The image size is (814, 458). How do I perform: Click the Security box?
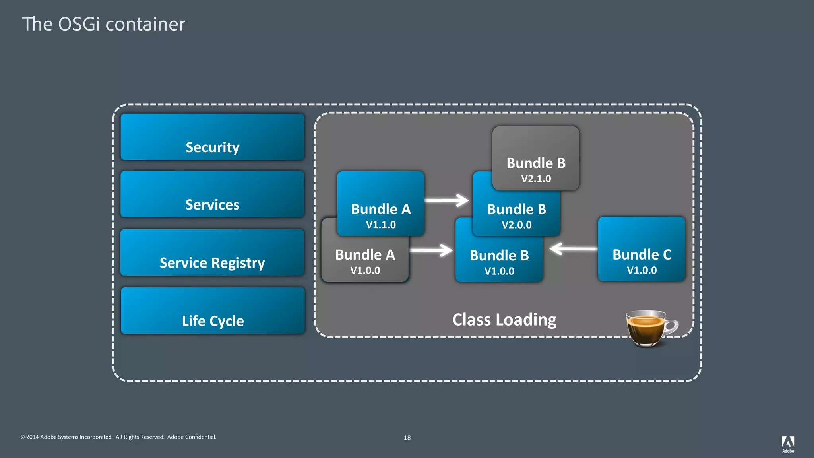(x=212, y=137)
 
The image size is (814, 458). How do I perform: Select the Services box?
(x=212, y=194)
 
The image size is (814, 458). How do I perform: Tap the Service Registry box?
(x=212, y=252)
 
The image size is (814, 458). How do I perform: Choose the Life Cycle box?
(x=212, y=311)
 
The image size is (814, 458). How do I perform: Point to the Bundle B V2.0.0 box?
(x=517, y=215)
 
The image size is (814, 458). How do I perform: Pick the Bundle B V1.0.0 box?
(x=499, y=260)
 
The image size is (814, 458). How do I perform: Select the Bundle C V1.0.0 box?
(x=642, y=249)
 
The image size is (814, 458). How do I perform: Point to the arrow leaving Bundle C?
(x=574, y=249)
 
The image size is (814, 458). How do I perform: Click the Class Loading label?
(x=504, y=320)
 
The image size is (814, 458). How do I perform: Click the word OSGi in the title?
(x=79, y=24)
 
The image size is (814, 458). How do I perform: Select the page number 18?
(x=407, y=438)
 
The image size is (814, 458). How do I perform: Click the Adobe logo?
(x=788, y=444)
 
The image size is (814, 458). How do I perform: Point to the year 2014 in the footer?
(x=32, y=437)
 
